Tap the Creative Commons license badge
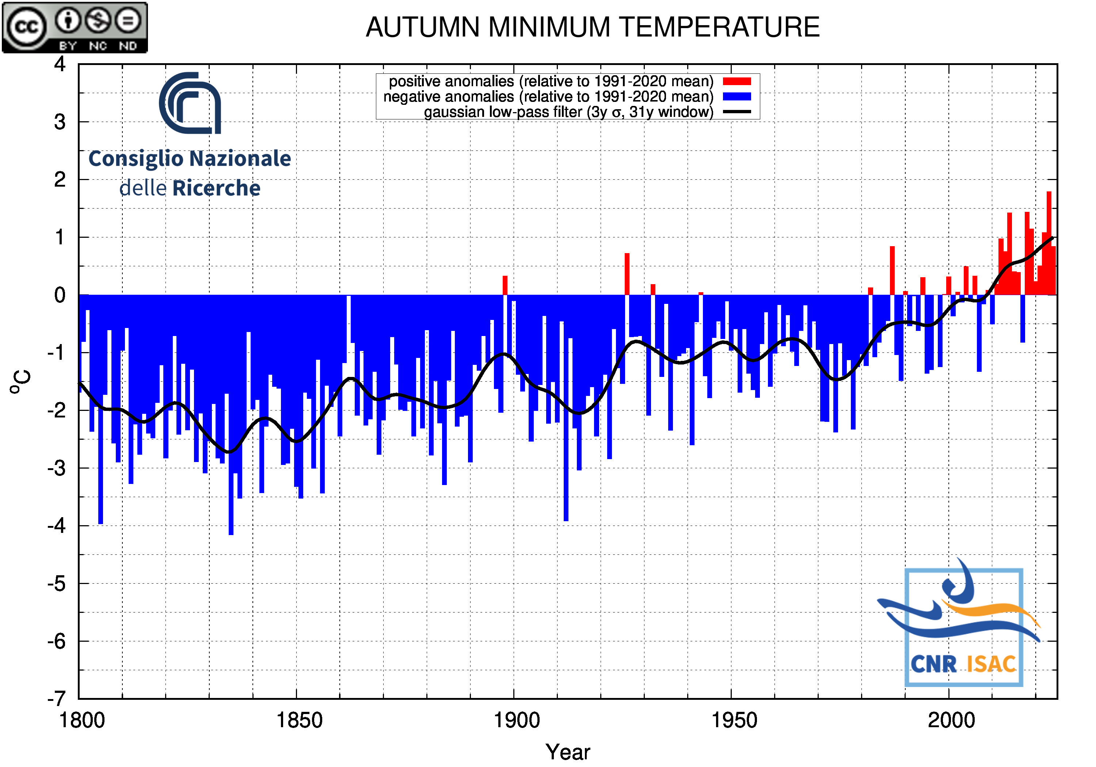point(75,27)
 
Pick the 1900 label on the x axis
point(517,720)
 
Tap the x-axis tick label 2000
point(951,720)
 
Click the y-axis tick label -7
point(56,699)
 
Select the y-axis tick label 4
point(60,64)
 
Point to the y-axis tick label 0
point(60,295)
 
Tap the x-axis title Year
point(568,752)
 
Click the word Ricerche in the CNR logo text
point(216,188)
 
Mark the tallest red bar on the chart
point(1049,243)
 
